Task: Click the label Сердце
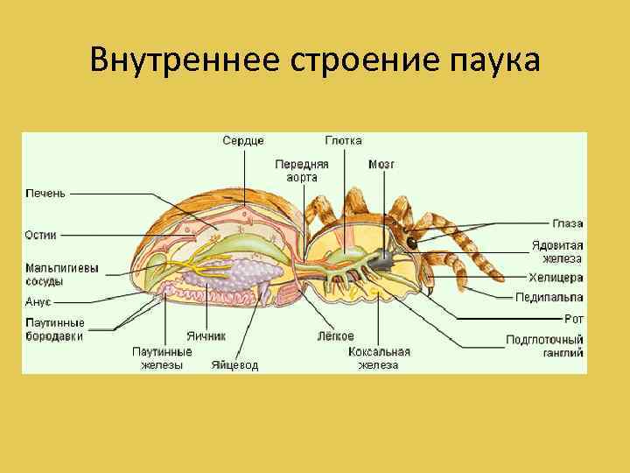tap(243, 140)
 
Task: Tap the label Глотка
tap(343, 140)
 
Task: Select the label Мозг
tap(381, 164)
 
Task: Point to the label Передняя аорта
tap(301, 170)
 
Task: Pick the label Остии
tap(41, 235)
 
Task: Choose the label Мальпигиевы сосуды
tap(61, 274)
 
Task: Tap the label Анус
tap(39, 301)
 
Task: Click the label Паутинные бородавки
tap(54, 329)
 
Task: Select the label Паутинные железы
tap(162, 358)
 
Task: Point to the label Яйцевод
tap(234, 365)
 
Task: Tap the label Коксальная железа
tap(379, 358)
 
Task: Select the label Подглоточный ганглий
tap(544, 346)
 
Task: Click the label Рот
tap(574, 320)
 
